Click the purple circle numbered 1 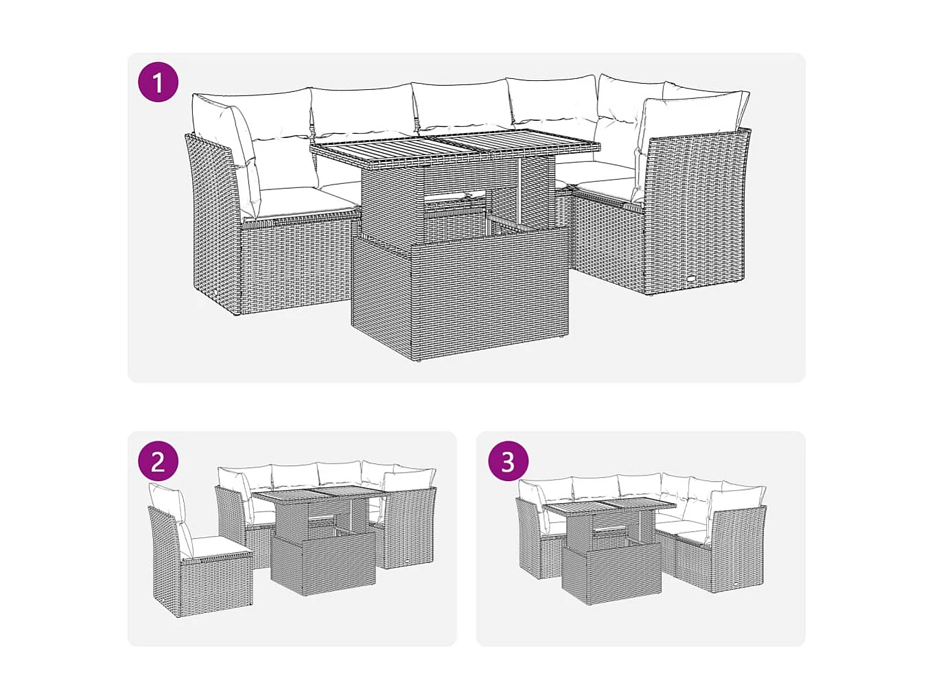point(159,82)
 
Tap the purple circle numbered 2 point(159,461)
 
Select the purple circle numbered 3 point(508,461)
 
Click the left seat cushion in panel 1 point(302,200)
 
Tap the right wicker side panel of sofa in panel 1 point(693,213)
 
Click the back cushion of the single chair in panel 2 point(169,504)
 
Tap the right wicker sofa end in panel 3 point(738,549)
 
